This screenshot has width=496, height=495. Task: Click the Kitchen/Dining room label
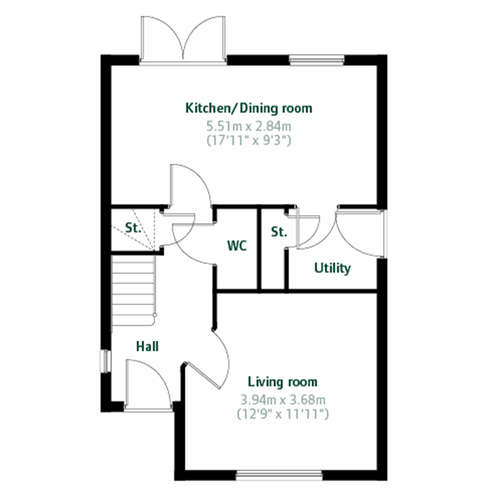pyautogui.click(x=249, y=108)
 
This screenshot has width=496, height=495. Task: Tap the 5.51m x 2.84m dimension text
pyautogui.click(x=249, y=126)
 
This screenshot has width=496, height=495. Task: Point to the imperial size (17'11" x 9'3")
pyautogui.click(x=249, y=140)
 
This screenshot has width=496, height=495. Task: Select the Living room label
pyautogui.click(x=283, y=382)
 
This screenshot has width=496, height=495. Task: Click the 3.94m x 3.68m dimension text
pyautogui.click(x=283, y=400)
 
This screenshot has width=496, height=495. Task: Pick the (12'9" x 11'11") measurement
pyautogui.click(x=283, y=414)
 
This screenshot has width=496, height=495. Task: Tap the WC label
pyautogui.click(x=237, y=246)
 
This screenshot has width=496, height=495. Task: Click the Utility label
pyautogui.click(x=332, y=268)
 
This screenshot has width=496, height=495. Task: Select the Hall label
pyautogui.click(x=147, y=347)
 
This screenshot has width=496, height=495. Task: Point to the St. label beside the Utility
pyautogui.click(x=279, y=232)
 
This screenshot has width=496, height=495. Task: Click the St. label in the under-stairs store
pyautogui.click(x=133, y=228)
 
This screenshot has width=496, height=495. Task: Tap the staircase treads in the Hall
pyautogui.click(x=133, y=289)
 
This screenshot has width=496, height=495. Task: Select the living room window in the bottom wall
pyautogui.click(x=279, y=475)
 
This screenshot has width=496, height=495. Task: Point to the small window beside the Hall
pyautogui.click(x=106, y=361)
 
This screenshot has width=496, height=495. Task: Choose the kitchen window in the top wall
pyautogui.click(x=317, y=60)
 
